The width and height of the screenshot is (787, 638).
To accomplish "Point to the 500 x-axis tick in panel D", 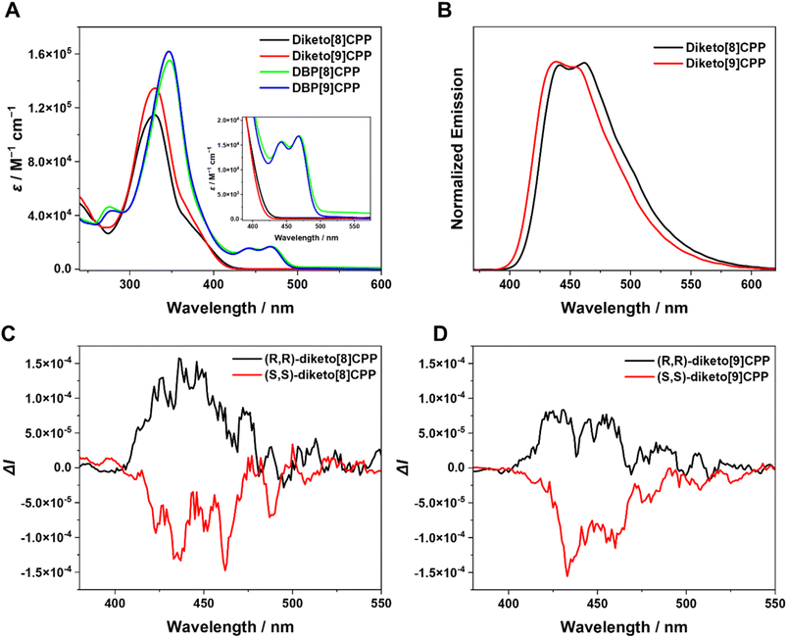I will pos(686,609).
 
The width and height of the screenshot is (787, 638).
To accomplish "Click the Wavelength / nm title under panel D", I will pos(623,627).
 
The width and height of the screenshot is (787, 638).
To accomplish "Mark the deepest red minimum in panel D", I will pos(566,575).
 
